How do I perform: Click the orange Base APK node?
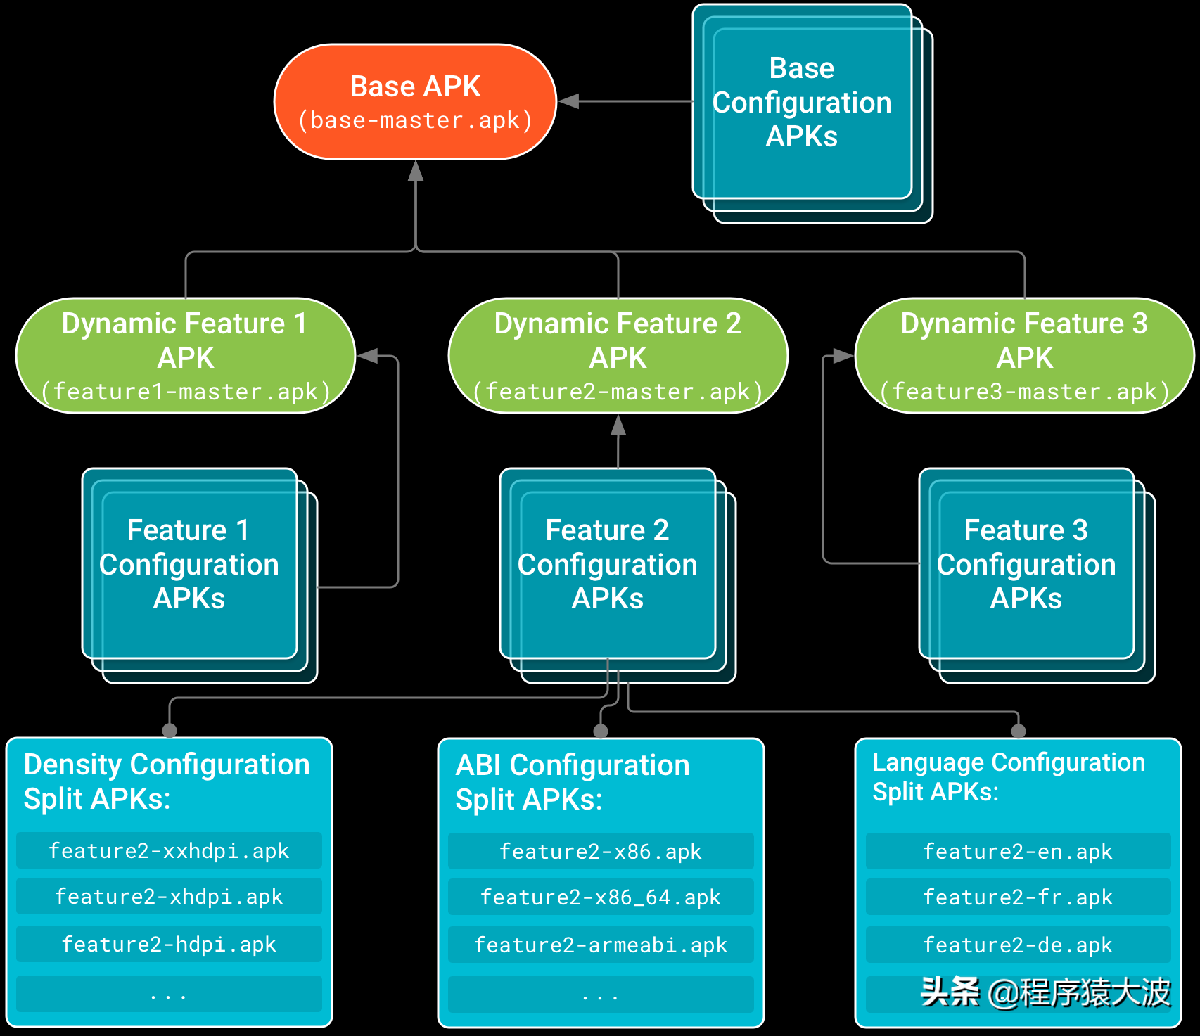coord(415,102)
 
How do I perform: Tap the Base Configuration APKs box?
coord(802,103)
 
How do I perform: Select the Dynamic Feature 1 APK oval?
coord(186,355)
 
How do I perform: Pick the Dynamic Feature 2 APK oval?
coord(618,355)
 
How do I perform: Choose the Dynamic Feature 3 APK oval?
coord(1024,355)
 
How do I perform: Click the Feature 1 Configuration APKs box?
coord(189,564)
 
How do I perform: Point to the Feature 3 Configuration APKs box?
coord(1026,564)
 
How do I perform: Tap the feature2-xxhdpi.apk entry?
coord(169,851)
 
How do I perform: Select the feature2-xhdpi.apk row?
coord(169,897)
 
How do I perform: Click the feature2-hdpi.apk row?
coord(169,944)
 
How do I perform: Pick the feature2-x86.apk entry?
coord(601,852)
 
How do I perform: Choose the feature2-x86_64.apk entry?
coord(601,897)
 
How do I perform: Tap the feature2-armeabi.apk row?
coord(601,945)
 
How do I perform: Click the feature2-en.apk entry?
coord(1018,852)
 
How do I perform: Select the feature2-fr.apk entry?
coord(1018,897)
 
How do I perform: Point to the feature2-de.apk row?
coord(1018,945)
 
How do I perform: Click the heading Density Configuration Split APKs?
coord(167,781)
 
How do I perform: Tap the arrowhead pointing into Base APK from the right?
coord(569,101)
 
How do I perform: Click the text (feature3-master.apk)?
coord(1024,392)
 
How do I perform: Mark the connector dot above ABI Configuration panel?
coord(601,731)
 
